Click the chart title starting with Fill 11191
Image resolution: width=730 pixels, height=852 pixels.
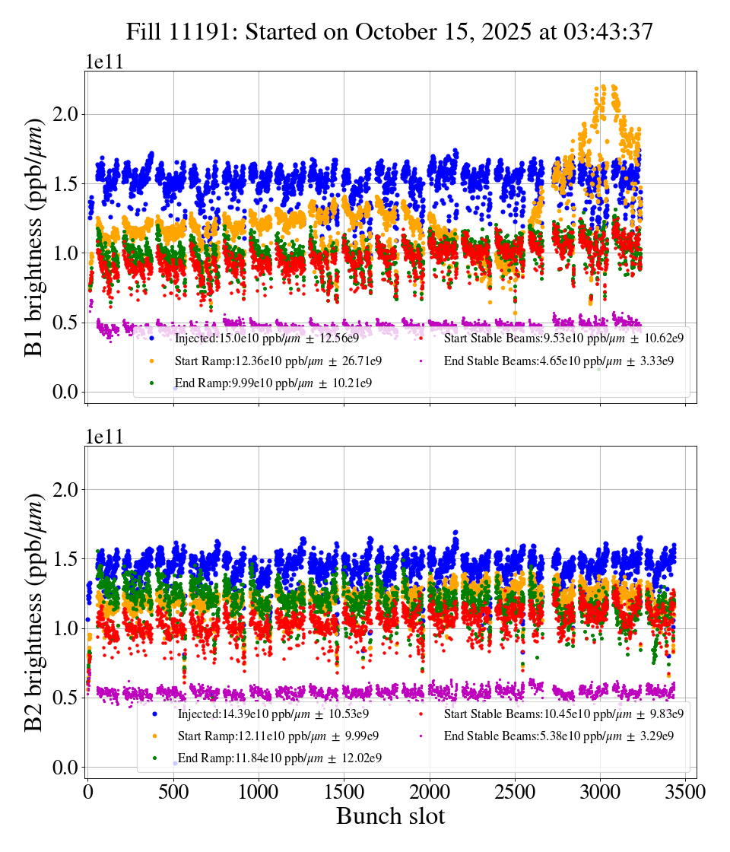point(389,31)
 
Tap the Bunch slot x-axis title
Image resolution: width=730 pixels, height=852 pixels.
point(390,816)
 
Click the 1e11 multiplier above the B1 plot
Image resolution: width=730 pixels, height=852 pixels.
point(104,62)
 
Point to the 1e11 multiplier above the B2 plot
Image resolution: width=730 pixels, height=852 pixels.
point(104,437)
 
